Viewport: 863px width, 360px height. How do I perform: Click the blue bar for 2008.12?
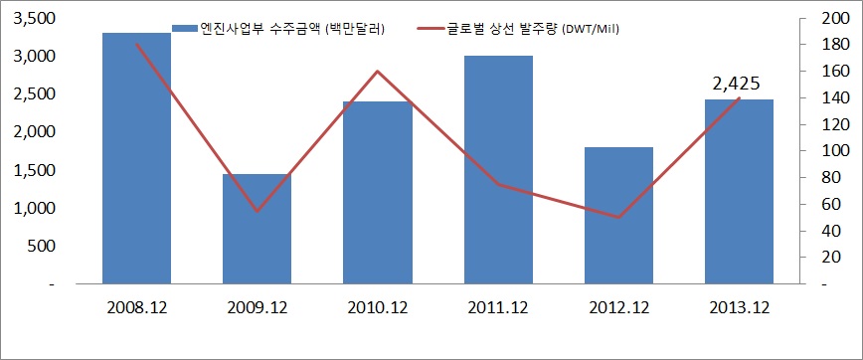point(136,159)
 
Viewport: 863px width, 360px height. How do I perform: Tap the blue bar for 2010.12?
point(378,193)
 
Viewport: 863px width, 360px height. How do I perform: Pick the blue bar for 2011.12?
point(498,170)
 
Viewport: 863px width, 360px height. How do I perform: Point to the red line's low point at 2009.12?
point(257,211)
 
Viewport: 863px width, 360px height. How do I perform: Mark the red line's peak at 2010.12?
point(378,72)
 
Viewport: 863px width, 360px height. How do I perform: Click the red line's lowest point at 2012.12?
point(618,217)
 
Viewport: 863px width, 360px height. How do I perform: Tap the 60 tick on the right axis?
point(829,204)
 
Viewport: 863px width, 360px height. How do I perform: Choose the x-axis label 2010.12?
point(378,308)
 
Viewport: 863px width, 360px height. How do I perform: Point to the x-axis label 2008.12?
point(136,308)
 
